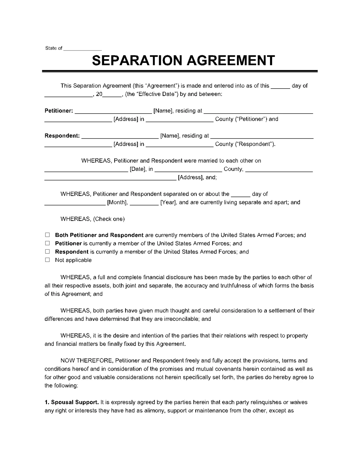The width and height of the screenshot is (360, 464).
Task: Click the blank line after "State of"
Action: point(82,49)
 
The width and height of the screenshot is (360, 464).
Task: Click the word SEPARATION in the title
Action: point(138,60)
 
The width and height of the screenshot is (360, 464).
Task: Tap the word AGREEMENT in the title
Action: point(231,60)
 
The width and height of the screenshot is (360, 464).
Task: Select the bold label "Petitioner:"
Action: point(59,111)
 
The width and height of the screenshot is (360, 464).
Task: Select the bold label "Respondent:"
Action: point(62,136)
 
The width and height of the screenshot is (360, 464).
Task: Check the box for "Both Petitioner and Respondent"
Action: point(47,235)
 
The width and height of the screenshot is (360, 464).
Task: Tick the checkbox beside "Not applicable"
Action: point(47,260)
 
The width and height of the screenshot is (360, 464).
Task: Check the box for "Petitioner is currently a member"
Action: point(47,243)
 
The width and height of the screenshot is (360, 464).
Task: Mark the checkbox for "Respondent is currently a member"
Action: point(47,251)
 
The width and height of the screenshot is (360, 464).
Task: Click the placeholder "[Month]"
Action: point(117,202)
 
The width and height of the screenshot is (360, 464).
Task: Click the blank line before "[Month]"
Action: point(75,203)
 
